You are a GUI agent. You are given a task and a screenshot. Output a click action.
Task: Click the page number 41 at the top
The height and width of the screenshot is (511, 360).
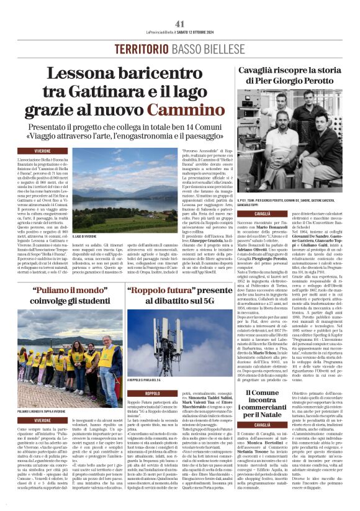[x=180, y=24]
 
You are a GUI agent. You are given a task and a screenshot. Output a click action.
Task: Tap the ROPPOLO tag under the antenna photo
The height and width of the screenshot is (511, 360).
[x=152, y=393]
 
